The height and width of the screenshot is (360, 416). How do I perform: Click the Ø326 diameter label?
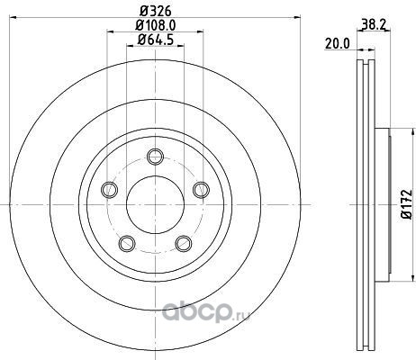[x=156, y=11]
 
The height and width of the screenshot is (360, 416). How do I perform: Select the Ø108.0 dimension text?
[x=156, y=25]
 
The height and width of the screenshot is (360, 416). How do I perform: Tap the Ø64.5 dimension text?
[x=156, y=40]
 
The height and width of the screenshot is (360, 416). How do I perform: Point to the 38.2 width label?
[x=374, y=24]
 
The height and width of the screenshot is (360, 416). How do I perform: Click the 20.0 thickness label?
[x=338, y=44]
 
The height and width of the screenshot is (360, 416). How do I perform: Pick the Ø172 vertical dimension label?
[x=407, y=204]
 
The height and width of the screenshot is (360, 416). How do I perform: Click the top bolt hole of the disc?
[x=155, y=157]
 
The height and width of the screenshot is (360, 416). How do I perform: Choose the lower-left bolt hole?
[x=127, y=243]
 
